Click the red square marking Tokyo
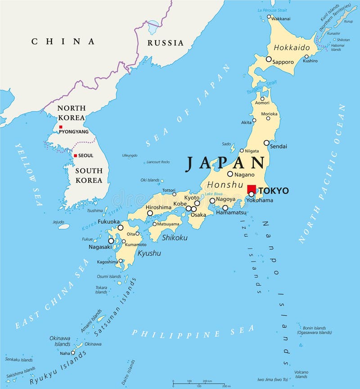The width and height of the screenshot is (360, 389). (x=252, y=189)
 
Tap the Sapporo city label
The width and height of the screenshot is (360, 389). (x=283, y=62)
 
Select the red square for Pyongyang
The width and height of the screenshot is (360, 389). (x=61, y=127)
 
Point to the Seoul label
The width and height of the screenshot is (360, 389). (x=85, y=156)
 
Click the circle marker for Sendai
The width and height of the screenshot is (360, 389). (x=266, y=143)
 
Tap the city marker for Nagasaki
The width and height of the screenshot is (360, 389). (x=111, y=241)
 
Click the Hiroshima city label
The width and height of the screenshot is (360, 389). (x=158, y=208)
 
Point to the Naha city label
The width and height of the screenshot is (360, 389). (x=64, y=353)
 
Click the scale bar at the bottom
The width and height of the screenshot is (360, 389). (x=198, y=384)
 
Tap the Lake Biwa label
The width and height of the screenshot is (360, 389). (x=214, y=194)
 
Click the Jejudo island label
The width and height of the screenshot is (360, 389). (x=58, y=222)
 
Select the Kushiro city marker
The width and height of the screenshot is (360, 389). (x=306, y=57)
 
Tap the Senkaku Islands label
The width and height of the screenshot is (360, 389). (x=18, y=360)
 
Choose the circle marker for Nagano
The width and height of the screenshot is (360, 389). (x=230, y=174)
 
